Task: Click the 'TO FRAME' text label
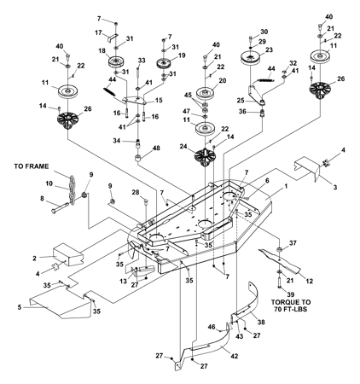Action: [32, 166]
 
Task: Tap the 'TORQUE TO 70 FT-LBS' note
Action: [291, 305]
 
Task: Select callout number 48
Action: [156, 148]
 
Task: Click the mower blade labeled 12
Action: [280, 260]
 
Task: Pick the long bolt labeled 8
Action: [60, 207]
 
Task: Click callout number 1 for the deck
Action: [286, 187]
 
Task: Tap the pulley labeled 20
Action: [206, 93]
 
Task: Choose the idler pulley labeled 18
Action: [116, 62]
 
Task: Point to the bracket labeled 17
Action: [113, 38]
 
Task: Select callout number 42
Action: [235, 356]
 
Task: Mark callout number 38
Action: [261, 322]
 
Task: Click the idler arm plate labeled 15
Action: [134, 100]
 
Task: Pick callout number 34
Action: [117, 141]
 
